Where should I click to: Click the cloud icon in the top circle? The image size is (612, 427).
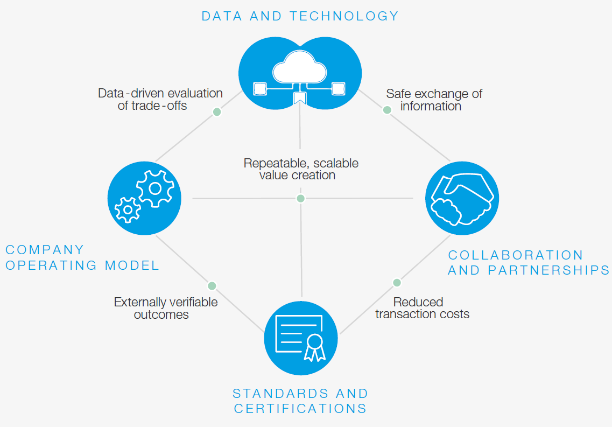point(300,67)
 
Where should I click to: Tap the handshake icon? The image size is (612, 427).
point(462,199)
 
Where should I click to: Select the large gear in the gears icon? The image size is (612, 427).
point(156,188)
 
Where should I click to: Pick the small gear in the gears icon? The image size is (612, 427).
point(128,210)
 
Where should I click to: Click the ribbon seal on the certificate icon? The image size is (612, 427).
point(314,347)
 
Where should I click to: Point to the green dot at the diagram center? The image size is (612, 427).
point(300,198)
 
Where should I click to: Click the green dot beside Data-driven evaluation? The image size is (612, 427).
point(217,112)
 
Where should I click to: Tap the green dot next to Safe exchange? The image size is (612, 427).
point(387,110)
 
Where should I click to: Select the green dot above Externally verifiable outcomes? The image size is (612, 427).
point(212,286)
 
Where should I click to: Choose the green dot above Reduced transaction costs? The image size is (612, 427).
point(397,283)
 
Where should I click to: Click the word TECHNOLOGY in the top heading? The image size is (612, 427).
point(344,16)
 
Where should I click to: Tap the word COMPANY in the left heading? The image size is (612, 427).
point(45,249)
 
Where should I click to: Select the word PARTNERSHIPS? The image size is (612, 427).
point(549,270)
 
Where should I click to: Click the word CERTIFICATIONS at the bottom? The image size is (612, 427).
point(300,408)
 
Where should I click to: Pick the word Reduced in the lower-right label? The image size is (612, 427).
point(418,302)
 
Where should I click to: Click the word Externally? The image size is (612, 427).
point(140,303)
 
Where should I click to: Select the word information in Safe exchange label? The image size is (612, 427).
point(431,106)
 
